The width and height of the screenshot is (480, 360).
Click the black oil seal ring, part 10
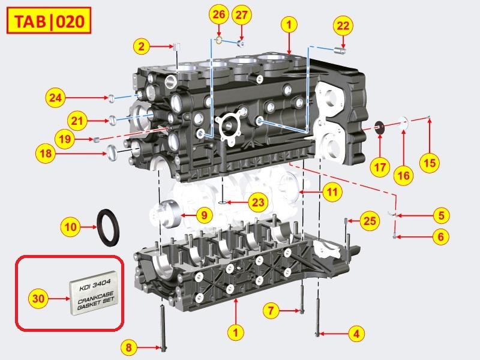click(x=109, y=227)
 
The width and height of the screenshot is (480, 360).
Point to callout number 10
click(x=71, y=227)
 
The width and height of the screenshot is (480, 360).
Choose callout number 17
click(x=379, y=167)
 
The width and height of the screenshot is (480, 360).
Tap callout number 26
click(x=219, y=14)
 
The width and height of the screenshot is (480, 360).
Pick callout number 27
click(x=241, y=14)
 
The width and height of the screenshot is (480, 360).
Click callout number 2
click(x=142, y=46)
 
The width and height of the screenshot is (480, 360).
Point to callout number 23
click(x=257, y=202)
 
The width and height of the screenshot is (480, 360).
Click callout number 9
click(x=203, y=214)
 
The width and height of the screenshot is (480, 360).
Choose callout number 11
click(x=331, y=193)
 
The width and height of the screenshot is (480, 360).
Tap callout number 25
click(x=370, y=221)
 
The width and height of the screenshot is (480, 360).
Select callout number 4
click(x=356, y=333)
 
